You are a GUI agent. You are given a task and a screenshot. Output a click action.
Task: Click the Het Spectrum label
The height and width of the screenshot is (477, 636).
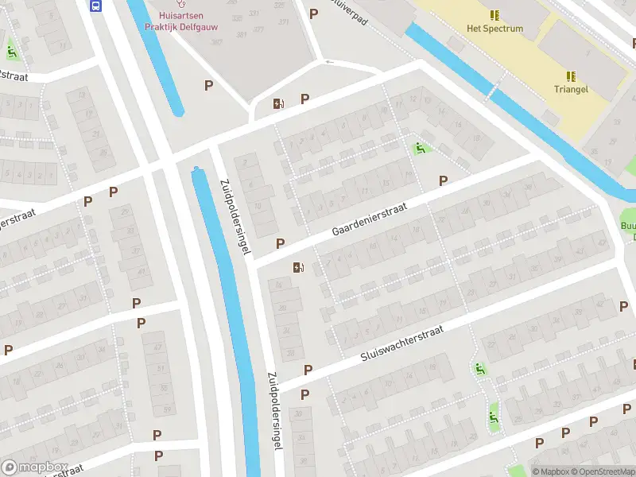(494, 29)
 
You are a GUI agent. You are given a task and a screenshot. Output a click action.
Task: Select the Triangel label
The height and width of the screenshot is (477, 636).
(571, 90)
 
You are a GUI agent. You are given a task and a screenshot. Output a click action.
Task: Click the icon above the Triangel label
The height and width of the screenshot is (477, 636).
(571, 76)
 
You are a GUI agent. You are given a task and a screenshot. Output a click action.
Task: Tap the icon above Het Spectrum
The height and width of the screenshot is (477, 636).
(494, 15)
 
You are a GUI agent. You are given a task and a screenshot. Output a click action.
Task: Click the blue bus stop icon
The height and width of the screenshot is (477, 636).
(96, 6)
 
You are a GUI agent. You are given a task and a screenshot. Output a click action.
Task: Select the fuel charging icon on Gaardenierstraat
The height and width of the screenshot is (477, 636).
(299, 268)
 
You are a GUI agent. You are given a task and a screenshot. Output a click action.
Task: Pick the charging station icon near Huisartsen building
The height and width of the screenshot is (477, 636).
(277, 103)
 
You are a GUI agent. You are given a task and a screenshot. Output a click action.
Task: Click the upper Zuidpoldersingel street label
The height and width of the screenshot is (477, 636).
(235, 215)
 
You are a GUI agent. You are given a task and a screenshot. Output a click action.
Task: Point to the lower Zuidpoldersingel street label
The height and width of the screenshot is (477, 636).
(274, 412)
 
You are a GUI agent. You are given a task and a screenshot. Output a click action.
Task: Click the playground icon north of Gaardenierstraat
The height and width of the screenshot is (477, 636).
(419, 148)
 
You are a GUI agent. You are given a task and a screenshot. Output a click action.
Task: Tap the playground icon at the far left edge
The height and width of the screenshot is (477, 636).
(11, 52)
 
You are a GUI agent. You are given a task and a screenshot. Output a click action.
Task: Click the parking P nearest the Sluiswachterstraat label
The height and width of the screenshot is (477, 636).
(308, 370)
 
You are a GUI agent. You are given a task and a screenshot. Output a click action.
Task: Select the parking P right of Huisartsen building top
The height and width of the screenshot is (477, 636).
(313, 14)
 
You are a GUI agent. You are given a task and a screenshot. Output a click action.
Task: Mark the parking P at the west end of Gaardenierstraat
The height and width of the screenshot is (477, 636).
(280, 243)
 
